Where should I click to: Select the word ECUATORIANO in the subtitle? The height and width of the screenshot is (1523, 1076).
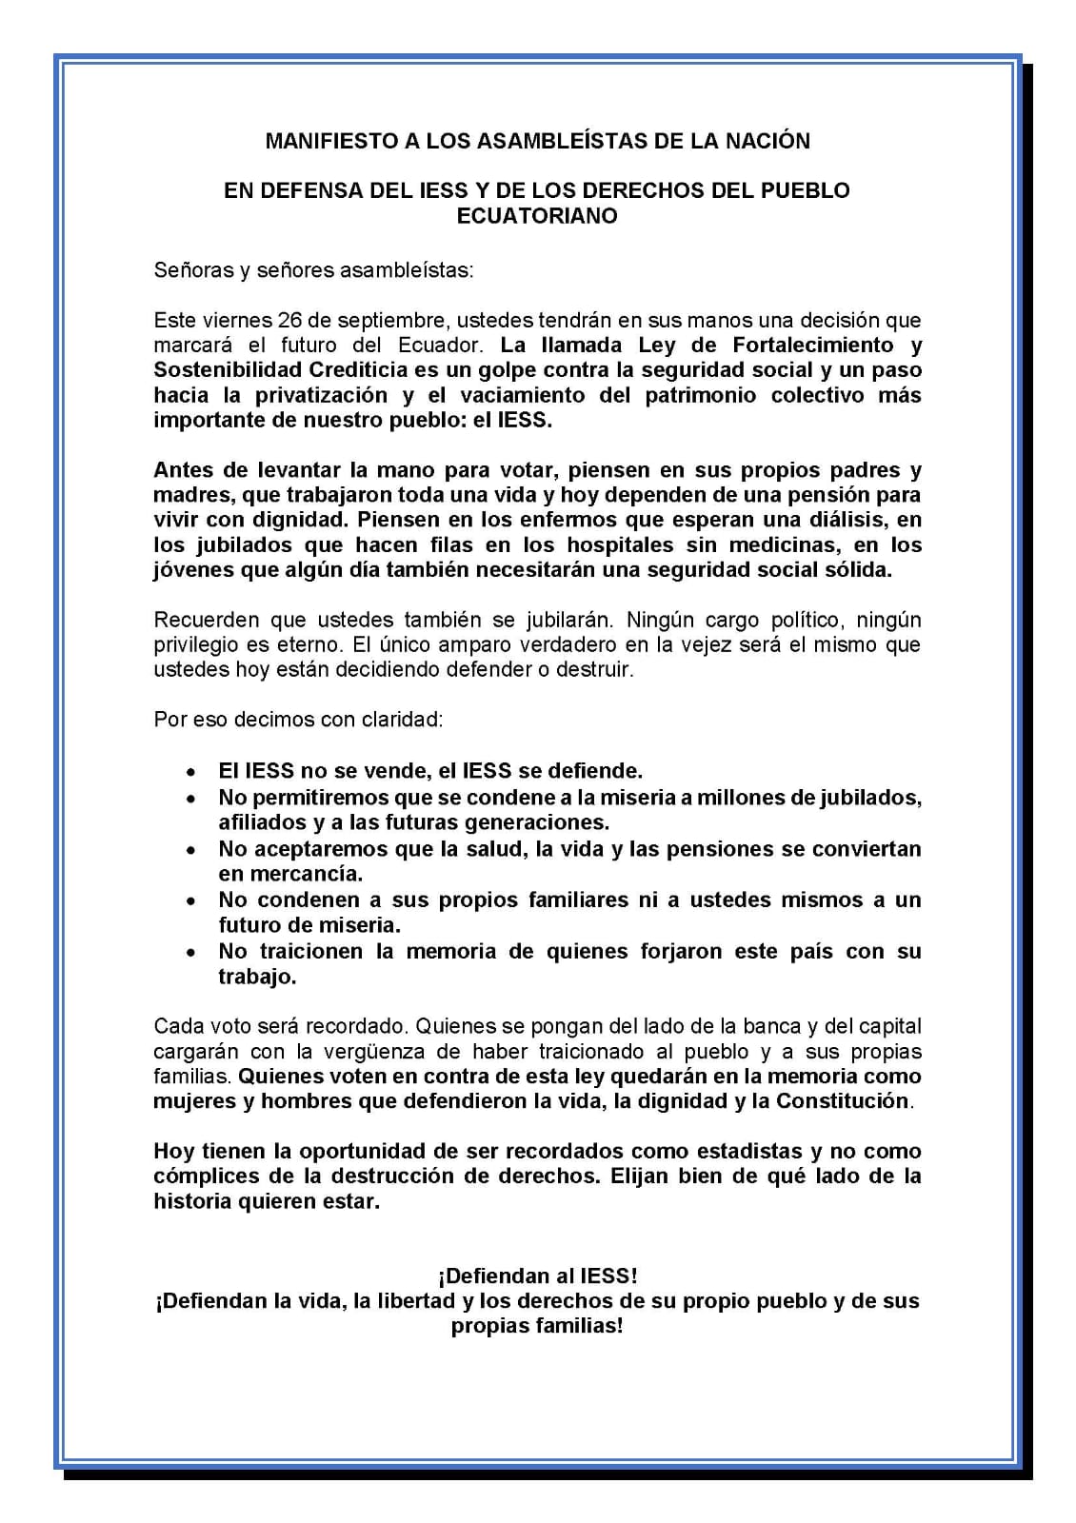point(537,216)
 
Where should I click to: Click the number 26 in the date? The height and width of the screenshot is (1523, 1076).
point(292,320)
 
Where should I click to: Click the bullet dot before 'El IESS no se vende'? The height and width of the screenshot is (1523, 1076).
point(192,771)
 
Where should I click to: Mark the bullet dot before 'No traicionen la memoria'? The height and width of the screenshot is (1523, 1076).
point(192,952)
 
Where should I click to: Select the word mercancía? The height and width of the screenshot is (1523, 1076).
point(291,874)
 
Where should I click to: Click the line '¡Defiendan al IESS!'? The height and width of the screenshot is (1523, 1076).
point(537,1276)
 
